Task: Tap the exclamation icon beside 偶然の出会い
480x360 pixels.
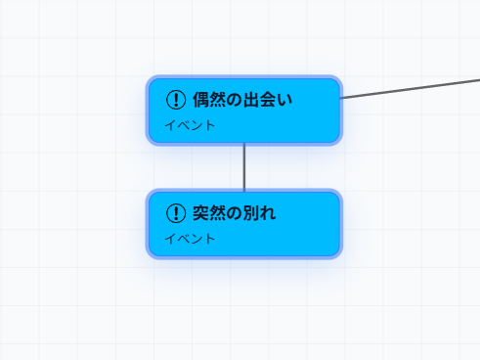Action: click(x=176, y=99)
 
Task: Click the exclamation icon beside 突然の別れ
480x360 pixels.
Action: click(x=176, y=212)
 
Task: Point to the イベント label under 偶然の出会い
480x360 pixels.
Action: click(x=190, y=125)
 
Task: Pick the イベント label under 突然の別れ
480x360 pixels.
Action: click(x=190, y=239)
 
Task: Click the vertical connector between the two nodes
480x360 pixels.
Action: click(x=243, y=167)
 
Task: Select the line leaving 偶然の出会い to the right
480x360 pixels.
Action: click(x=411, y=88)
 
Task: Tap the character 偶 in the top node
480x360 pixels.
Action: click(x=201, y=99)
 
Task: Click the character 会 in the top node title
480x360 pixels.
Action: click(x=268, y=99)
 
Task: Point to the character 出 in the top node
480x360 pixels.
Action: click(x=251, y=99)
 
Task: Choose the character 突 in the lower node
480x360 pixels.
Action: click(x=201, y=212)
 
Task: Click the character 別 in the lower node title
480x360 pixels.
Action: click(x=251, y=212)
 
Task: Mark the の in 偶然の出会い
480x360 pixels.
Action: click(x=235, y=99)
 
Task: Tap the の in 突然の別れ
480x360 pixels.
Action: click(x=235, y=212)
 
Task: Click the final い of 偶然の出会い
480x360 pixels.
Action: click(x=284, y=99)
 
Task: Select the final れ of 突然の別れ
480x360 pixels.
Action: click(x=268, y=212)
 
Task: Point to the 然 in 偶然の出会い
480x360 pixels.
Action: click(x=218, y=99)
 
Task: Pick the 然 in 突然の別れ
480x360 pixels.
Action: click(x=218, y=212)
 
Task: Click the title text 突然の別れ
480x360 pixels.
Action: click(x=235, y=212)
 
